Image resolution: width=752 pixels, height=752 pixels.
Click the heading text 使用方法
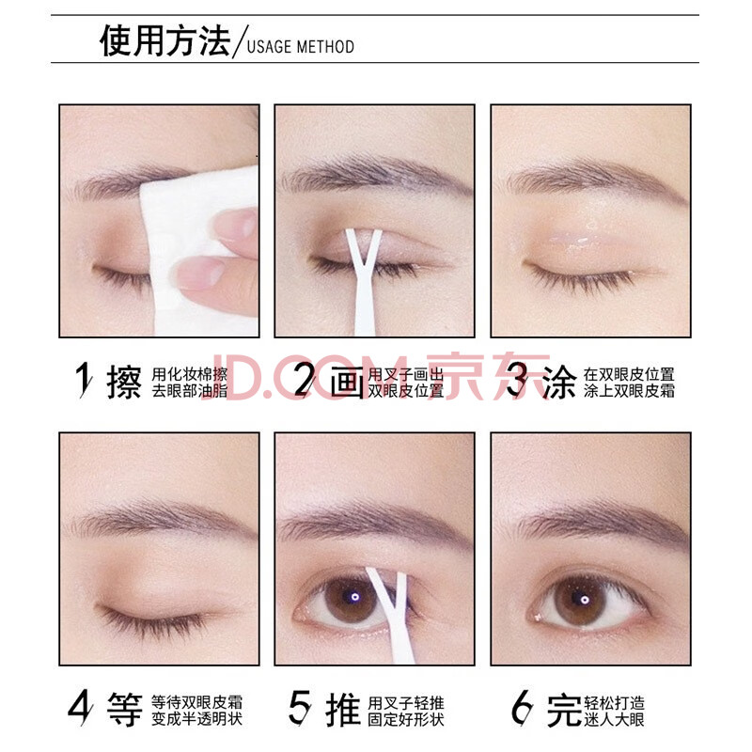pos(165,40)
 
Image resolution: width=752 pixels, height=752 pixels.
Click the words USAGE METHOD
pos(301,47)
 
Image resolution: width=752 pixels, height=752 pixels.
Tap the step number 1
pos(85,380)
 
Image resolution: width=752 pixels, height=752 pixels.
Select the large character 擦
pos(124,382)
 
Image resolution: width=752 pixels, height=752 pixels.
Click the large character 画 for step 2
pos(347,382)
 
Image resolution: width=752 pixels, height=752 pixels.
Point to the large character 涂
pos(559,382)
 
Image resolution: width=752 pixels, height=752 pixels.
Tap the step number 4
pos(80,708)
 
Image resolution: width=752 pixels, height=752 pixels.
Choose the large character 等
pos(125,710)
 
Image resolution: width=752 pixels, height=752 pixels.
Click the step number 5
pos(300,708)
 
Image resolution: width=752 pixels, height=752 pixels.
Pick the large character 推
pos(343,710)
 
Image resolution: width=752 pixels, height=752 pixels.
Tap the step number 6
pos(522,708)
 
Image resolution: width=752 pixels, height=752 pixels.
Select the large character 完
pos(565,710)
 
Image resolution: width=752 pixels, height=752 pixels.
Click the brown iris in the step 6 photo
pos(580,601)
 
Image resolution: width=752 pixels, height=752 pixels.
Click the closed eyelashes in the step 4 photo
pos(153,619)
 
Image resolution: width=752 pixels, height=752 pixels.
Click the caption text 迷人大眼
pos(614,719)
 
